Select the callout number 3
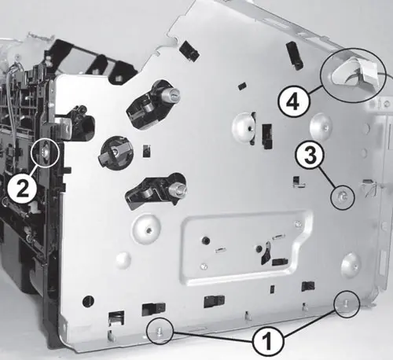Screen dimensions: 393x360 coord(310,156)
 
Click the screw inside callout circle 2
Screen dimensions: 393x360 coord(45,152)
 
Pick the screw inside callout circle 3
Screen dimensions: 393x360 coord(343,197)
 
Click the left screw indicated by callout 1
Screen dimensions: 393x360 coord(160,331)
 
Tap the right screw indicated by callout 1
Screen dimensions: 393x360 coord(347,303)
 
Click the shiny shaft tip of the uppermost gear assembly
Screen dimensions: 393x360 coord(173,94)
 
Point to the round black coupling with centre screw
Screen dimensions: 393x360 coord(115,152)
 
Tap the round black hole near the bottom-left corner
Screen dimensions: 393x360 coord(88,301)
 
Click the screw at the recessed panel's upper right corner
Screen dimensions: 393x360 coord(297,223)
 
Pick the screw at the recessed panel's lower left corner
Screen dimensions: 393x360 coord(202,266)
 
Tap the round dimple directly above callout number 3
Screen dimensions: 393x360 coord(321,126)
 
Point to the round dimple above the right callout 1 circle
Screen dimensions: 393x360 coord(351,265)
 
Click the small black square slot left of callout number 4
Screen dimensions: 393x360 coord(242,86)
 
